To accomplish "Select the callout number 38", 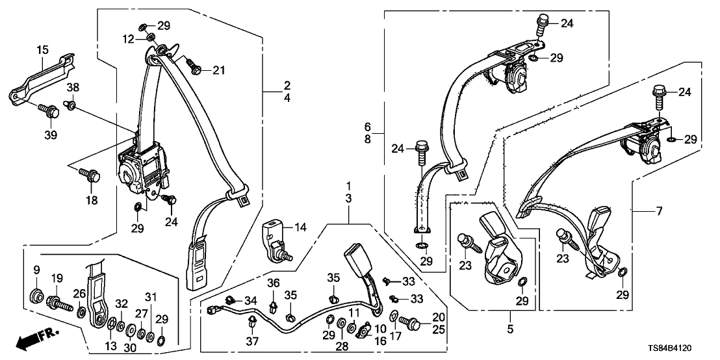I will click(x=72, y=86).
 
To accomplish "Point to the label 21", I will click(x=218, y=70).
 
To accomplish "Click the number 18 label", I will click(x=92, y=200).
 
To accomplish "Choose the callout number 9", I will click(x=36, y=270).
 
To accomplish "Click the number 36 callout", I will click(x=274, y=283).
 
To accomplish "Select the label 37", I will click(x=251, y=341).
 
